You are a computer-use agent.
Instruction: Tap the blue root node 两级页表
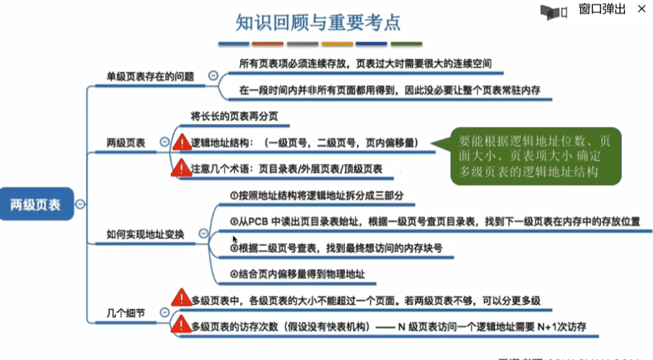(x=36, y=204)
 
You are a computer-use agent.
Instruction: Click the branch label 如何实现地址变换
(x=145, y=234)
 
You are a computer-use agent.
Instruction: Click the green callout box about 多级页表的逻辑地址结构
(x=534, y=155)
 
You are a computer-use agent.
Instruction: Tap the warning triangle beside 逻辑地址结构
(x=182, y=144)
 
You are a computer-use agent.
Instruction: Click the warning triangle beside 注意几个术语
(x=182, y=168)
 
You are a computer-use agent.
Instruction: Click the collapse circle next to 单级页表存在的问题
(x=213, y=76)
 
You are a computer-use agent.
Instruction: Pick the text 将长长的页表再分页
(x=234, y=116)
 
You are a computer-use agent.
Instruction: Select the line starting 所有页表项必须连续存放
(x=366, y=63)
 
